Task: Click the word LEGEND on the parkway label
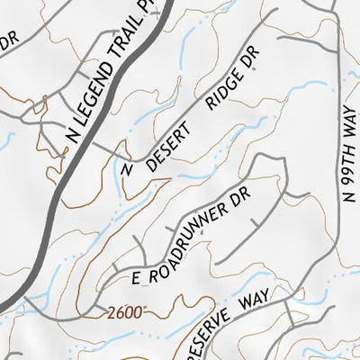pos(89,97)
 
